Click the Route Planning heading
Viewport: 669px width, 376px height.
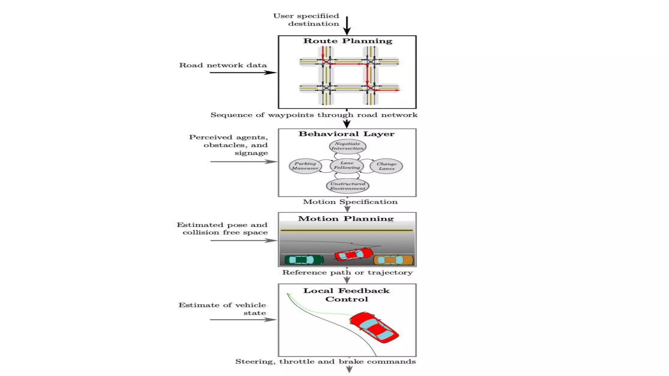coord(347,41)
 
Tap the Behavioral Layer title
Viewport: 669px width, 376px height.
coord(346,134)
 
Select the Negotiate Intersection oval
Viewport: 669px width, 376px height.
coord(347,146)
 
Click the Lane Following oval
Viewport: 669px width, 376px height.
coord(347,165)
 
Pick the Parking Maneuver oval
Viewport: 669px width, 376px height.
coord(305,166)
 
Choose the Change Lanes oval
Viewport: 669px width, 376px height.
coord(386,166)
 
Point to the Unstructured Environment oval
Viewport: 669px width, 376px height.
coord(347,186)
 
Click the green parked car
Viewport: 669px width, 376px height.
coord(304,260)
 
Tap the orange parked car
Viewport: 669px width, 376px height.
coord(393,260)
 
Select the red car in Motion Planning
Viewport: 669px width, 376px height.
coord(353,254)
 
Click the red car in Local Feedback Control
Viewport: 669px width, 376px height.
coord(374,327)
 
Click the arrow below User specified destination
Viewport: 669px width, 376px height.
coord(347,25)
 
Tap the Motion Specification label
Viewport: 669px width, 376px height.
coord(350,202)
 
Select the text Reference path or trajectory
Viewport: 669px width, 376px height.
coord(347,273)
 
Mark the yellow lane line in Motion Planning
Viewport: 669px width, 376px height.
coord(346,230)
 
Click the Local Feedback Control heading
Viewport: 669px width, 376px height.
coord(346,295)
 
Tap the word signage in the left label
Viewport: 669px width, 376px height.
coord(251,153)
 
